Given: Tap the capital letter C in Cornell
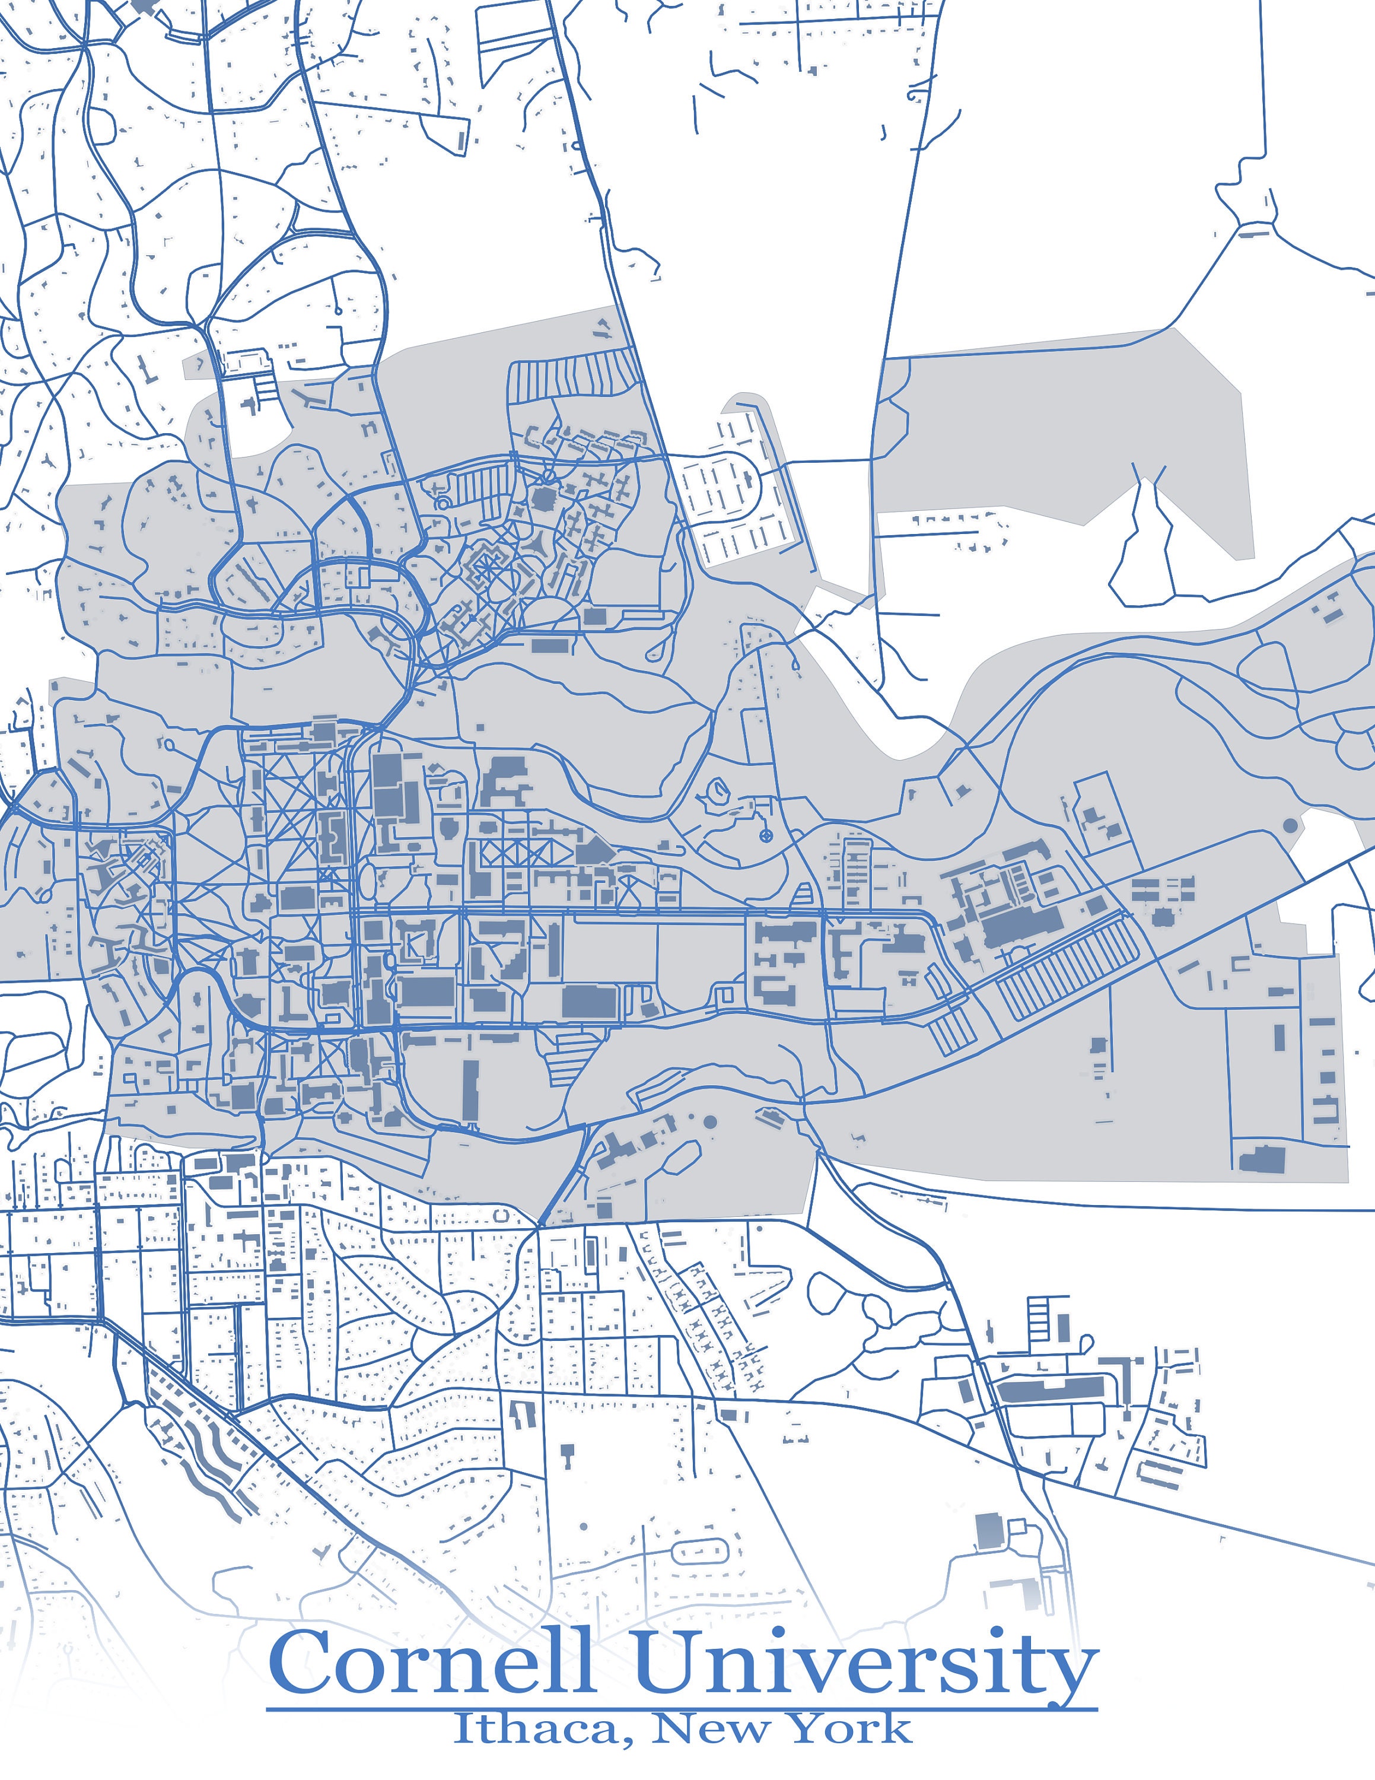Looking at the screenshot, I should (x=297, y=1663).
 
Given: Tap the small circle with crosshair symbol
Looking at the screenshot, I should (x=766, y=835).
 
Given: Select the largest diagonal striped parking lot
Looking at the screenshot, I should (x=1067, y=966).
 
